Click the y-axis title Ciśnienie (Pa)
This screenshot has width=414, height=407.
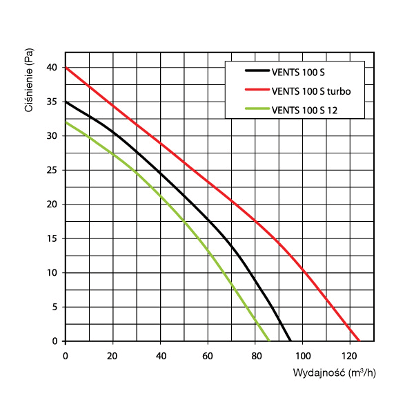[x=29, y=85]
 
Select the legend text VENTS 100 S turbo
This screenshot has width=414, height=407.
[x=312, y=90]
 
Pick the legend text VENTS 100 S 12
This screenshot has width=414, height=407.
[x=307, y=109]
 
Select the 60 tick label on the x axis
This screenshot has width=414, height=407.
[x=208, y=356]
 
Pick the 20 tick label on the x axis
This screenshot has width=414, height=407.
[x=112, y=356]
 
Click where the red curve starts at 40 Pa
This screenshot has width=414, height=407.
[x=66, y=68]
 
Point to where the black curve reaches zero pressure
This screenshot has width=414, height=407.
[x=290, y=341]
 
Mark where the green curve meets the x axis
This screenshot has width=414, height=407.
[x=269, y=341]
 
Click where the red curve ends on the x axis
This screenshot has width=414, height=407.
[x=359, y=341]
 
